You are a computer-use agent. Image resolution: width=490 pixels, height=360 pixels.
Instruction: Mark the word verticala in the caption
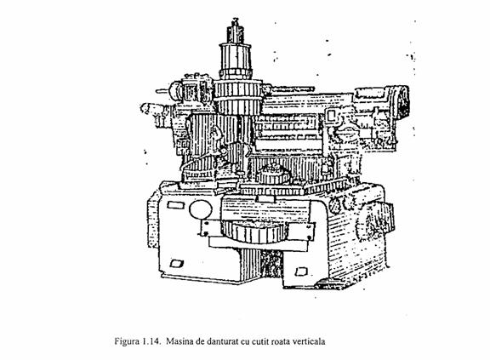[309, 341]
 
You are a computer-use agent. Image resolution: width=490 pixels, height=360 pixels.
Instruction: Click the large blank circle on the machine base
[200, 209]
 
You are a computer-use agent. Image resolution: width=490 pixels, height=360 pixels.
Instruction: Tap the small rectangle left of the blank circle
[173, 205]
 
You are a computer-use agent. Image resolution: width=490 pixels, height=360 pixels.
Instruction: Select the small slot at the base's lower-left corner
[176, 264]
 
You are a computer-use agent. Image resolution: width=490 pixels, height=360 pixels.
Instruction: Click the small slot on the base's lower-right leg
[301, 271]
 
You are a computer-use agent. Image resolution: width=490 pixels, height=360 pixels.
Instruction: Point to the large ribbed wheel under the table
[254, 231]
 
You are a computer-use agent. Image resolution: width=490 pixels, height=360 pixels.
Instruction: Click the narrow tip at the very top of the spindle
[236, 21]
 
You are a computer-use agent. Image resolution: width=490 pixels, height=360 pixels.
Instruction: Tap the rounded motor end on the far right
[403, 102]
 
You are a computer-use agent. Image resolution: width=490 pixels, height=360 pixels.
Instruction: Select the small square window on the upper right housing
[331, 116]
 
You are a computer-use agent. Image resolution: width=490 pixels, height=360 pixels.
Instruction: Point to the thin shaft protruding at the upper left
[162, 91]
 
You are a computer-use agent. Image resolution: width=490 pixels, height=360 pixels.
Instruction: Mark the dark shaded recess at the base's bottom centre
[271, 264]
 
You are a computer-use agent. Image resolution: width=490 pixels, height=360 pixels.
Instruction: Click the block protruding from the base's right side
[388, 217]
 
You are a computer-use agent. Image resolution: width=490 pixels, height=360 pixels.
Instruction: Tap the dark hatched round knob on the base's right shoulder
[335, 206]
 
